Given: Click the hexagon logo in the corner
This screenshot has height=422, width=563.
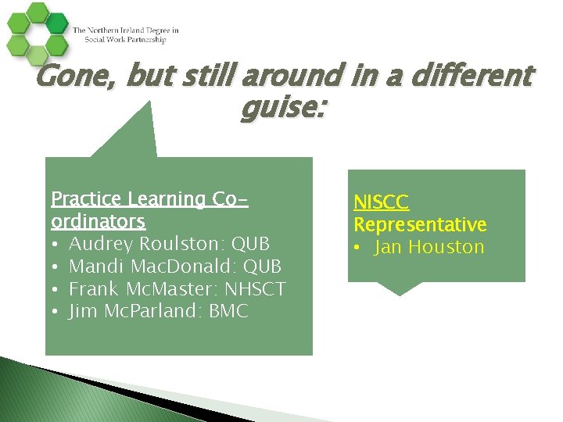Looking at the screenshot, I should (36, 32).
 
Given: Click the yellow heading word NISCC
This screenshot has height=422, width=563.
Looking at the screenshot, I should (381, 202).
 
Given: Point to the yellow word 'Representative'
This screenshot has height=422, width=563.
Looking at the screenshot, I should (420, 225).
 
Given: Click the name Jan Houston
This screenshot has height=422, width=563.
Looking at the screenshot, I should (429, 248).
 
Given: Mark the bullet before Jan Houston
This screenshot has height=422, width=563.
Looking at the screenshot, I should (358, 248).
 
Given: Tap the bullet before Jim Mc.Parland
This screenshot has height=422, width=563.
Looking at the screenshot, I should (56, 312).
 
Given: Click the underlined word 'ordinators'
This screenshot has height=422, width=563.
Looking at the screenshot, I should (98, 222).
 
